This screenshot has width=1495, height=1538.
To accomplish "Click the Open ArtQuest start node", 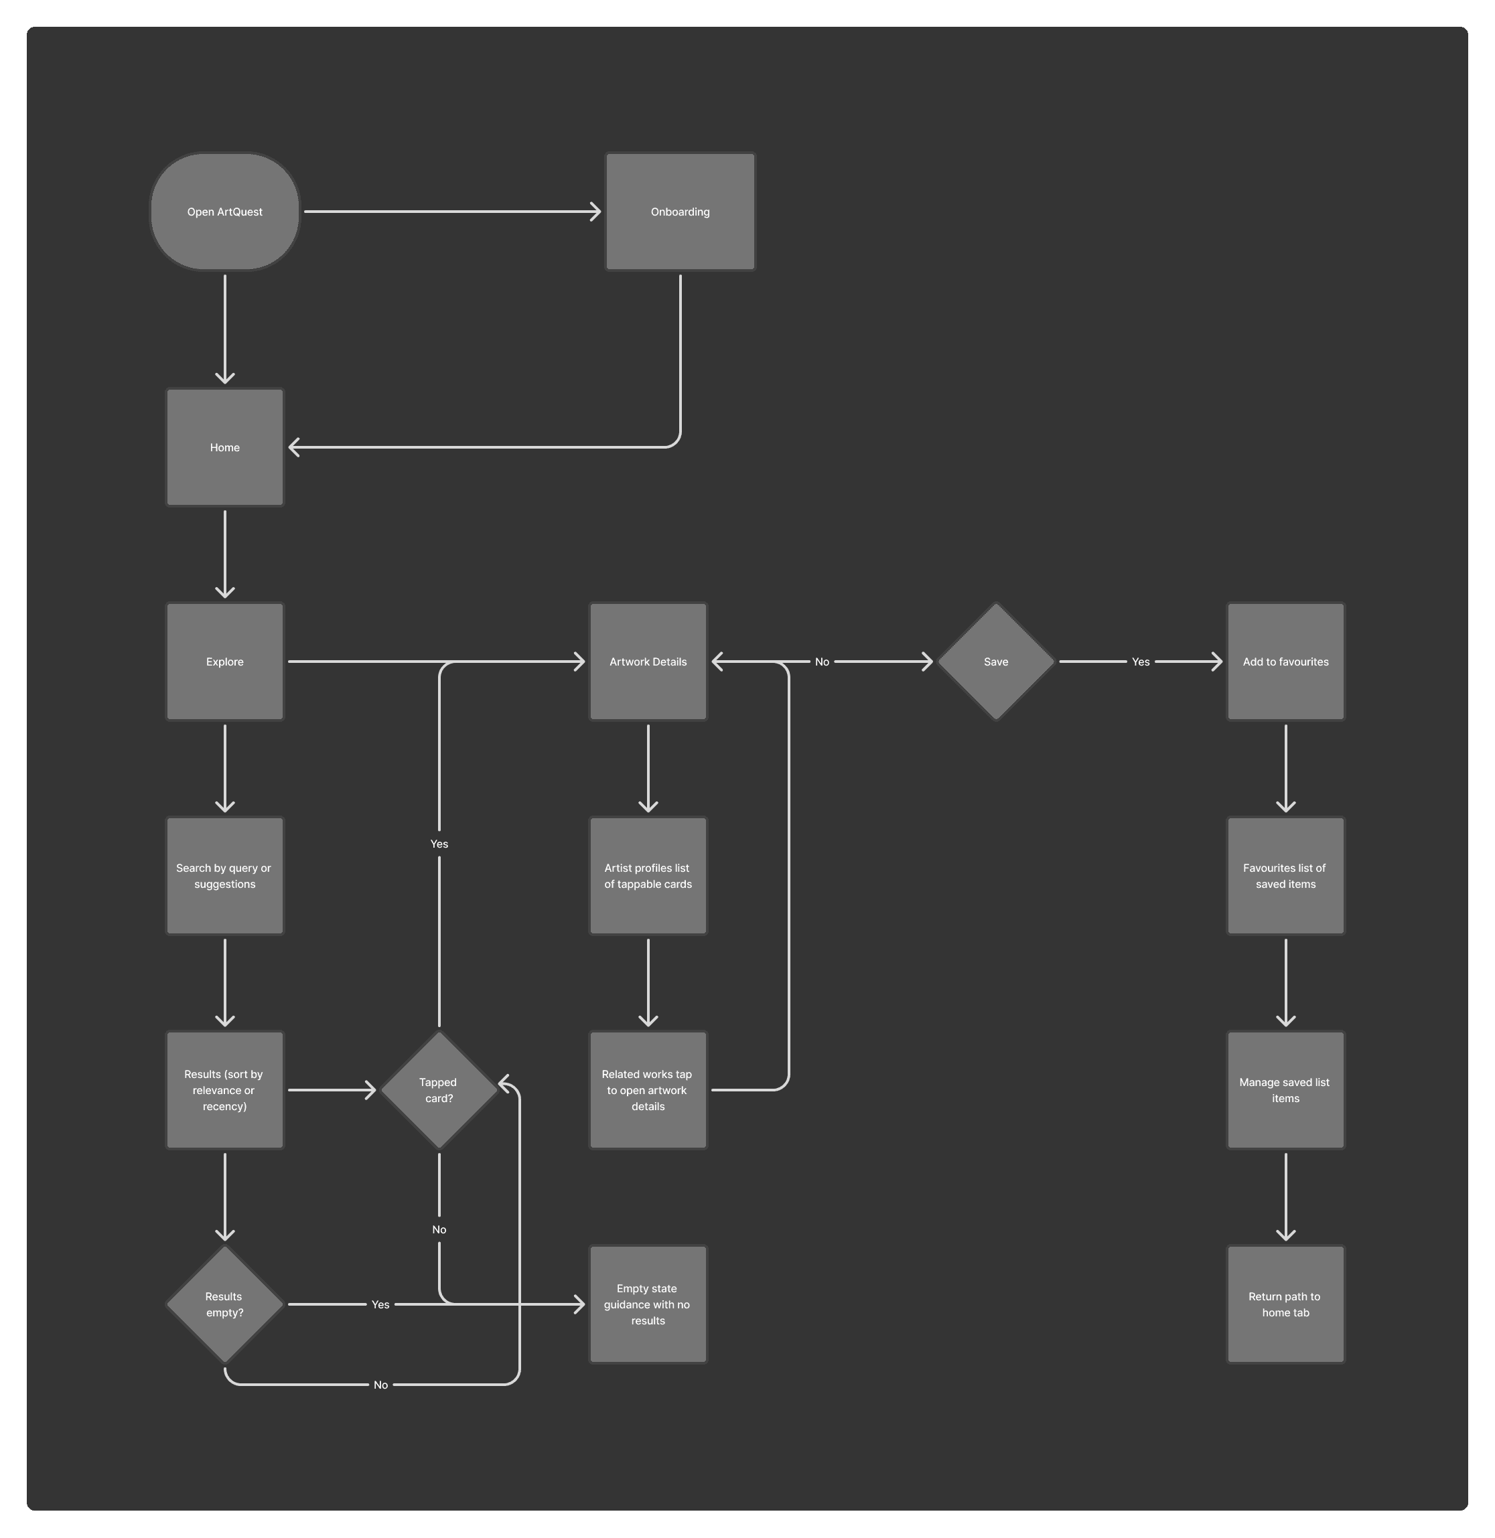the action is (x=224, y=212).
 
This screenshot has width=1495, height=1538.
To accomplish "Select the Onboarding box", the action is (x=680, y=212).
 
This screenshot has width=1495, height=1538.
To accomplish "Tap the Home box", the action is (x=224, y=447).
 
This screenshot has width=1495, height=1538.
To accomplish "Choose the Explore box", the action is (x=224, y=662).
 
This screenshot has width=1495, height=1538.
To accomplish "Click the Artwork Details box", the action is (x=648, y=662).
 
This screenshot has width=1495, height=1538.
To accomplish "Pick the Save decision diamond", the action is (x=995, y=662).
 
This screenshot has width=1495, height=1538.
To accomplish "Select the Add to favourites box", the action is (x=1285, y=662).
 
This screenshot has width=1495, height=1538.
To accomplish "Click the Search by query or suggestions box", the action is (x=224, y=876).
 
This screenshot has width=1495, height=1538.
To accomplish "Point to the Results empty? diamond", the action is (x=224, y=1304).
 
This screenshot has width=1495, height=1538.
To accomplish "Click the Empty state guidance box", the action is (x=648, y=1304).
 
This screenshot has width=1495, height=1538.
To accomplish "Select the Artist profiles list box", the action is (x=648, y=876).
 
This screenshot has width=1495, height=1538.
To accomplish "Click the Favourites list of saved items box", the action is (x=1285, y=876).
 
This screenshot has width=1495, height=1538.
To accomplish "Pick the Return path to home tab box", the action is (x=1285, y=1304).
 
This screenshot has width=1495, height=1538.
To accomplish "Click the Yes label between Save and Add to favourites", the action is (x=1140, y=662).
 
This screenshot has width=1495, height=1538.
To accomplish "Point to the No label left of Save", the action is (x=821, y=662).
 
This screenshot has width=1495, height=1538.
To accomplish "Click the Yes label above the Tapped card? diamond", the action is (x=439, y=844).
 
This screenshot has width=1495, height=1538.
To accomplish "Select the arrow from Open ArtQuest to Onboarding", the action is (x=451, y=212).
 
